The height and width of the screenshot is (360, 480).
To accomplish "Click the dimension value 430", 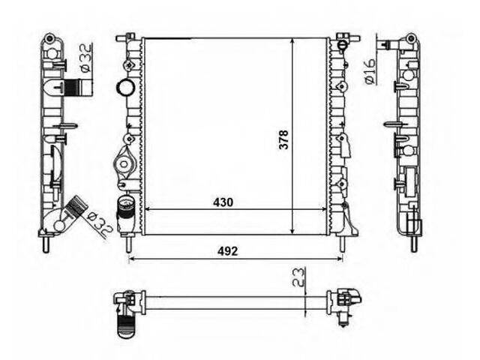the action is (223, 202).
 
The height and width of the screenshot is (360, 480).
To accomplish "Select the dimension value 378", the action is (283, 140).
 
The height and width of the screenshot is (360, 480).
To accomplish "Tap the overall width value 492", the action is (227, 251).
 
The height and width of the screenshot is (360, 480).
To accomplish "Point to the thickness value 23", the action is (299, 277).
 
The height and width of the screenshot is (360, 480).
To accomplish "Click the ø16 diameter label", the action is (370, 71).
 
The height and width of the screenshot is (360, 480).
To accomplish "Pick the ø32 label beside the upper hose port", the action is (86, 58).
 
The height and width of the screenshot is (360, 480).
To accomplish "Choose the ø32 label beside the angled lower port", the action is (98, 224).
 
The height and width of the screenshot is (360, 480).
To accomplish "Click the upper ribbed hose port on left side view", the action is (77, 87).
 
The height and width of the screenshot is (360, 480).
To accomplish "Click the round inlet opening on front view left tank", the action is (125, 87).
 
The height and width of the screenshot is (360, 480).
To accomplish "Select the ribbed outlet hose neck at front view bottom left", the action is (126, 208).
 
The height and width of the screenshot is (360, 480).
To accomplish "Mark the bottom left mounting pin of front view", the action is (128, 243).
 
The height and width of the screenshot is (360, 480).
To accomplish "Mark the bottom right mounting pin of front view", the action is (342, 243).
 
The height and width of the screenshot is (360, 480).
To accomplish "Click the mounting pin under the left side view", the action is (46, 244).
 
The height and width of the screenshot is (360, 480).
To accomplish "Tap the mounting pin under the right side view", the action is (414, 244).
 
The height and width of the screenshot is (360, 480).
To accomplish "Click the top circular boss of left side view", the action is (49, 38).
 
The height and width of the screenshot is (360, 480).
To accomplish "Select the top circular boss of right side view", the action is (411, 38).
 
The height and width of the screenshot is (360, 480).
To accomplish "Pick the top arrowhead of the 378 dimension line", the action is (293, 42).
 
